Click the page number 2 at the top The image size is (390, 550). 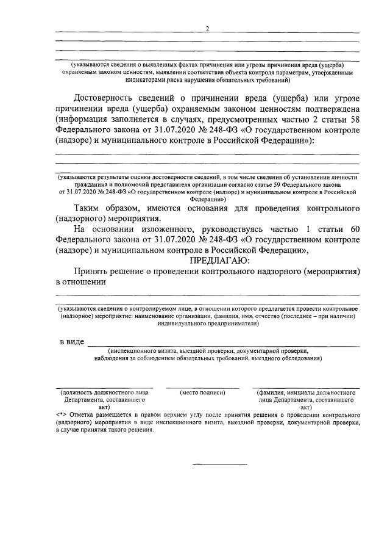coord(207,28)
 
